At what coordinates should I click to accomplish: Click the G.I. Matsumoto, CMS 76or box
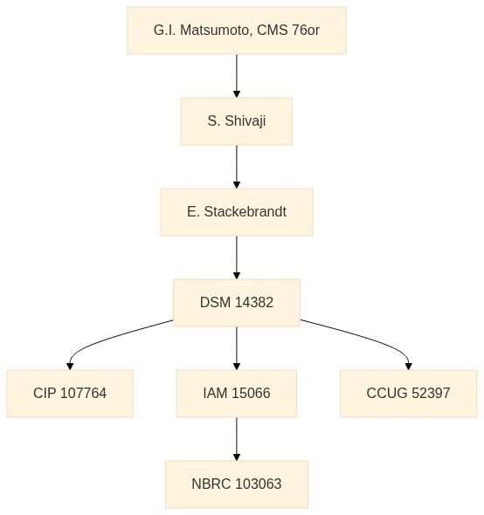pyautogui.click(x=237, y=31)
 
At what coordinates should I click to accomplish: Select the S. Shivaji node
pyautogui.click(x=237, y=121)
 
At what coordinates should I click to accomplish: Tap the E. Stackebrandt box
pyautogui.click(x=237, y=212)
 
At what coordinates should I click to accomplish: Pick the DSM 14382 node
pyautogui.click(x=237, y=303)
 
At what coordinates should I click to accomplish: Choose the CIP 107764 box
pyautogui.click(x=70, y=394)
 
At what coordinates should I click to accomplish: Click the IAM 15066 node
pyautogui.click(x=237, y=394)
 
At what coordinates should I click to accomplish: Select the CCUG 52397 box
pyautogui.click(x=408, y=394)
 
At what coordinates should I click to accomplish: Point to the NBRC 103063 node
pyautogui.click(x=237, y=484)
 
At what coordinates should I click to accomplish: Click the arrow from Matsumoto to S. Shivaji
pyautogui.click(x=237, y=76)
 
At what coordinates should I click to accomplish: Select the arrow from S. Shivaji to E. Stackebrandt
pyautogui.click(x=237, y=167)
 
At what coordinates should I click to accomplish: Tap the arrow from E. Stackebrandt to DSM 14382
pyautogui.click(x=237, y=257)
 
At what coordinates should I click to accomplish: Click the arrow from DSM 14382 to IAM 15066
pyautogui.click(x=237, y=348)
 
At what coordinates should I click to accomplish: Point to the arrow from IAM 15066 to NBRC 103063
pyautogui.click(x=237, y=439)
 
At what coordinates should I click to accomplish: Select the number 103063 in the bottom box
pyautogui.click(x=259, y=484)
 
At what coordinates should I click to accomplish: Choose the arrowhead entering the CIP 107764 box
pyautogui.click(x=70, y=367)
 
